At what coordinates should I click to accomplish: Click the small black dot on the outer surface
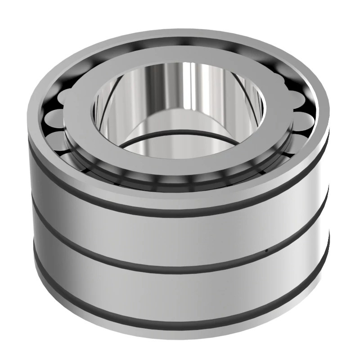click(266, 250)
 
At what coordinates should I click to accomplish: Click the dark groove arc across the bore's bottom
click(180, 135)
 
